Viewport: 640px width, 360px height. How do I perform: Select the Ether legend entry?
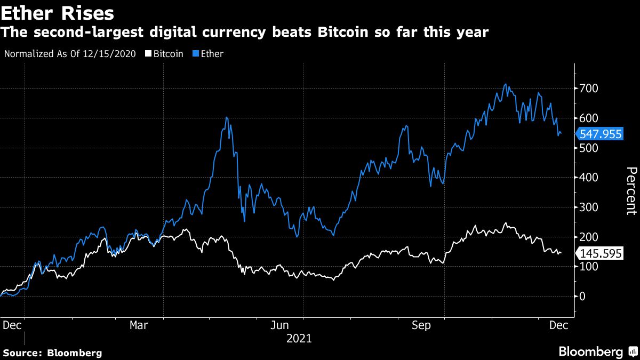(212, 54)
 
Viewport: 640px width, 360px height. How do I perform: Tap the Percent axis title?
(630, 191)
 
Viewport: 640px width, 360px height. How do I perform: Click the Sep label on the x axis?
(421, 325)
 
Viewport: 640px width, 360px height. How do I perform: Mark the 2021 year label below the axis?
(299, 339)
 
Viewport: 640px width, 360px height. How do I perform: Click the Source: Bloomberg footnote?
(52, 353)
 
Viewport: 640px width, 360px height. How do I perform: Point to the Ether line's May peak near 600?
(227, 117)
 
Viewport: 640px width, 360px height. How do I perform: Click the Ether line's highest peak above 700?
(505, 84)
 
